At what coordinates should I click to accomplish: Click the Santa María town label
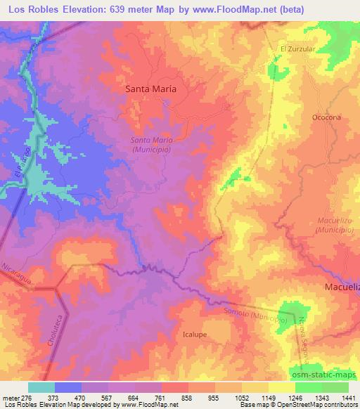tap(150, 89)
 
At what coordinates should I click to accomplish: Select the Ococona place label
tap(327, 117)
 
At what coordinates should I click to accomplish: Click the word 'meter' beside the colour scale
tap(11, 397)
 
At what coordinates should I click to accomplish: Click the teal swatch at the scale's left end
tap(41, 387)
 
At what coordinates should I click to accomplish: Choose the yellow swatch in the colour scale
tap(283, 387)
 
